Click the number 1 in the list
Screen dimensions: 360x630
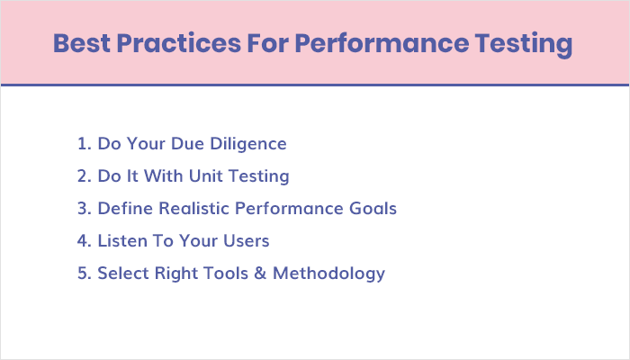point(82,143)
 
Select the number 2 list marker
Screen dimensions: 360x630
point(83,175)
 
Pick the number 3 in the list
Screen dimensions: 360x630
point(83,208)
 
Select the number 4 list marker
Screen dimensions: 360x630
point(83,240)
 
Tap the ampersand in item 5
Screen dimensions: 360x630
point(259,273)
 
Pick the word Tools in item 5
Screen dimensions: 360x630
point(226,273)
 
